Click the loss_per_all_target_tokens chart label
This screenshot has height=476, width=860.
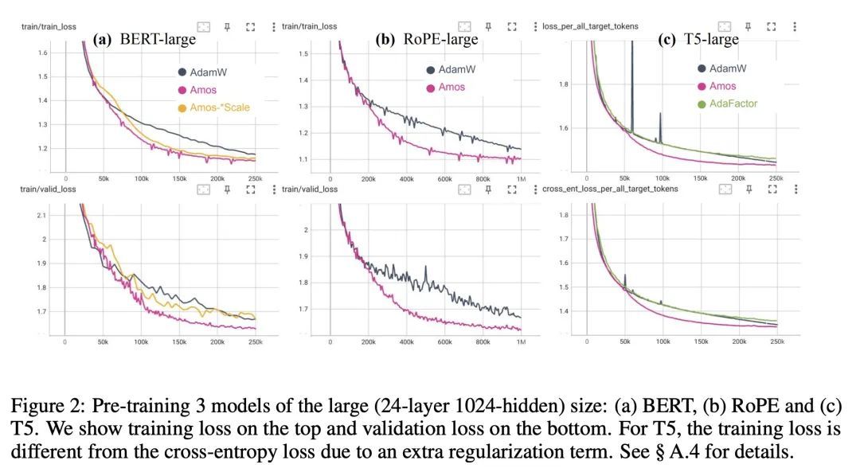[x=590, y=26]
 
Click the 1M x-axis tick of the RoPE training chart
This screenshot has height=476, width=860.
[x=521, y=179]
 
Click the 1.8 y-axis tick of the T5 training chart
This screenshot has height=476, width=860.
[x=564, y=84]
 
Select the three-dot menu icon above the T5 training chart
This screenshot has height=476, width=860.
[x=795, y=26]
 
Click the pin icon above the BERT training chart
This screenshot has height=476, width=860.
[x=227, y=26]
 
